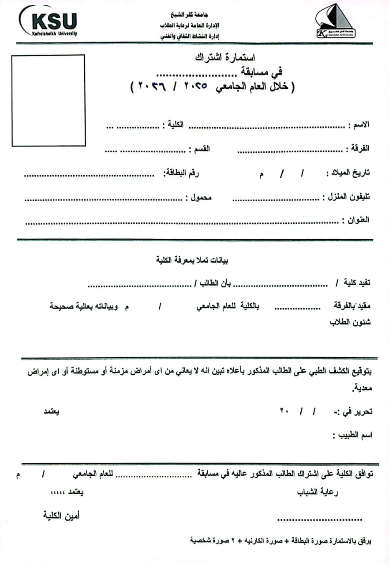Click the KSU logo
pos(49,22)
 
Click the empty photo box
pos(48,100)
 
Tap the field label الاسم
pos(361,125)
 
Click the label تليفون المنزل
pos(346,196)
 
